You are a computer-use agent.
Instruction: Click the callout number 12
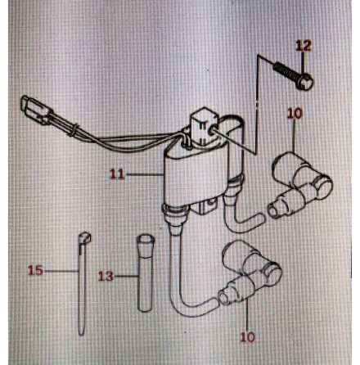(304, 46)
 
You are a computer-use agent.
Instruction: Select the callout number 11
(117, 173)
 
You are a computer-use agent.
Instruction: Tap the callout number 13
(106, 277)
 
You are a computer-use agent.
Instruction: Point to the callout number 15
(36, 270)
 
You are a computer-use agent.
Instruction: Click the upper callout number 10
(295, 114)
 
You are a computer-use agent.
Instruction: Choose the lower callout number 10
(247, 337)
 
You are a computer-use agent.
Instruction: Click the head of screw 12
(304, 81)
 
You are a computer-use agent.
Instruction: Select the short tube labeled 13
(145, 273)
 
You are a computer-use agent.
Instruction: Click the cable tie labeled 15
(83, 284)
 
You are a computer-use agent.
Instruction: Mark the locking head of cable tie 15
(84, 238)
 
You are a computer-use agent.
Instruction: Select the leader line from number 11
(144, 173)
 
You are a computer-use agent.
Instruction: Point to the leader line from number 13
(126, 277)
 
